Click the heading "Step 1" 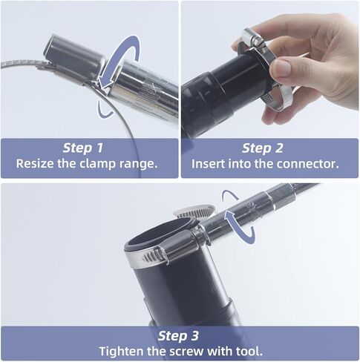coord(82,148)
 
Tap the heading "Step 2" coord(262,148)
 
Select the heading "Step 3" coord(178,336)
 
